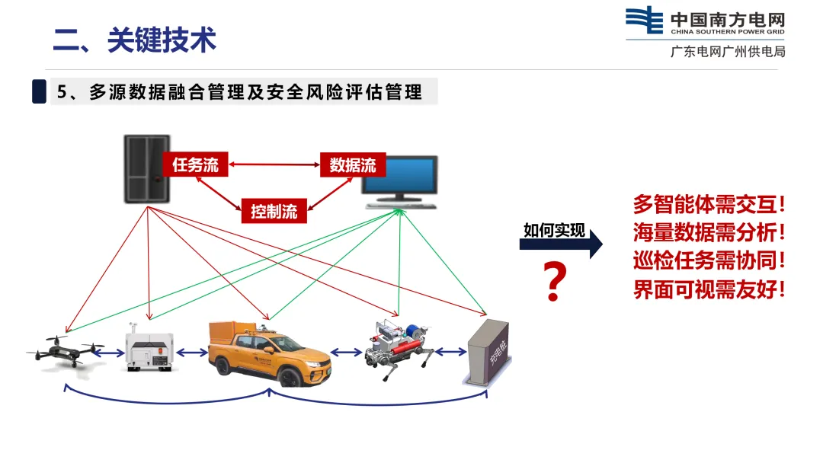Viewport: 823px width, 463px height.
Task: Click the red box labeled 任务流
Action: [x=195, y=164]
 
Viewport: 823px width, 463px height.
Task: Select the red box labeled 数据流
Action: [x=353, y=164]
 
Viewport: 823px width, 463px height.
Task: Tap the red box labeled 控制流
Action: [x=274, y=211]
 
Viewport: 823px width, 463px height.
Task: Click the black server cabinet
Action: [x=147, y=168]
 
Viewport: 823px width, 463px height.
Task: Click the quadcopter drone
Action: [x=65, y=352]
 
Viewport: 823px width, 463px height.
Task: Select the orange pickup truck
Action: [x=271, y=353]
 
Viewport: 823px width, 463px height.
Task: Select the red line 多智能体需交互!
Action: [x=709, y=205]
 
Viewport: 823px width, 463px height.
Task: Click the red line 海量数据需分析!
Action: [x=709, y=232]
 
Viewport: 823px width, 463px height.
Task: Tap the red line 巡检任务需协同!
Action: [x=709, y=260]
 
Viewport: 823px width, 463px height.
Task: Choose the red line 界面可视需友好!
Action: [x=709, y=289]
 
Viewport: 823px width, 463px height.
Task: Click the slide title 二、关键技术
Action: [x=135, y=41]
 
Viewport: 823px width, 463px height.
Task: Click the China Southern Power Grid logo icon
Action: [x=644, y=21]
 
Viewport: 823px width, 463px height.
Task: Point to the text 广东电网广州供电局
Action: [x=727, y=52]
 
